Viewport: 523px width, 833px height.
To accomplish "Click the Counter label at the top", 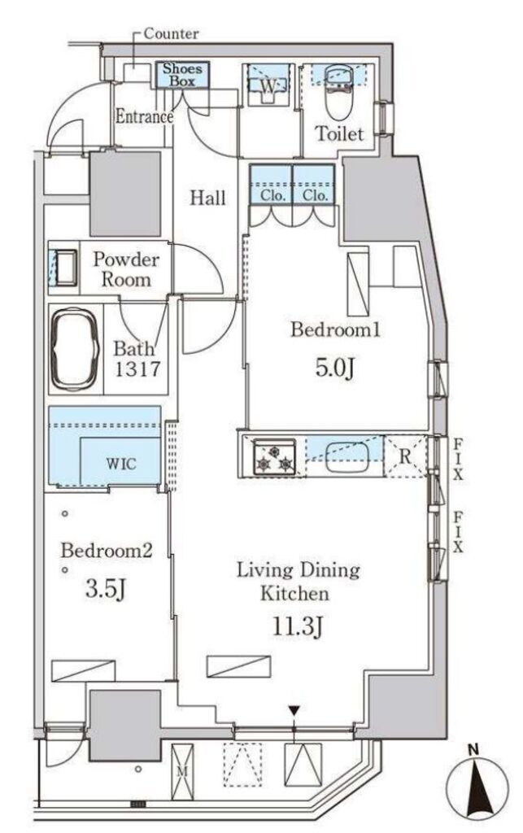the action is point(171,34).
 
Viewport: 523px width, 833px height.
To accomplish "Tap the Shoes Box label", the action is point(182,75).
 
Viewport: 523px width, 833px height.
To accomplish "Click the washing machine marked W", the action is point(268,85).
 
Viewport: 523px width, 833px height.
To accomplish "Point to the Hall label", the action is point(207,198).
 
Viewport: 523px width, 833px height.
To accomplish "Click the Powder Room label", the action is point(126,269).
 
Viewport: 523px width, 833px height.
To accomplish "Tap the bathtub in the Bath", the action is point(74,348).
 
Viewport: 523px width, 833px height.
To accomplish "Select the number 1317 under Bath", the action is point(137,369).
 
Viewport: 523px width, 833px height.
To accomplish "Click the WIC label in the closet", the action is point(121,464).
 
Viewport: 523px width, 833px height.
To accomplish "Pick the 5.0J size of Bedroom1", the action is point(334,368).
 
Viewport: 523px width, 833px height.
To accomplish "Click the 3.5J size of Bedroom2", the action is point(106,589).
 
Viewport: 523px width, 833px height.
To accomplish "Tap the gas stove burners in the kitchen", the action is point(274,456).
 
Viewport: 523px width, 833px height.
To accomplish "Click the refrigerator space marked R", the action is point(405,456).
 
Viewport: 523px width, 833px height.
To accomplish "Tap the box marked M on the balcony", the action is point(183,770).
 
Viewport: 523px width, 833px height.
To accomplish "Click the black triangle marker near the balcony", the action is point(294,710).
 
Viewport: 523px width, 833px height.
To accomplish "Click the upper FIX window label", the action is point(458,459).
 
